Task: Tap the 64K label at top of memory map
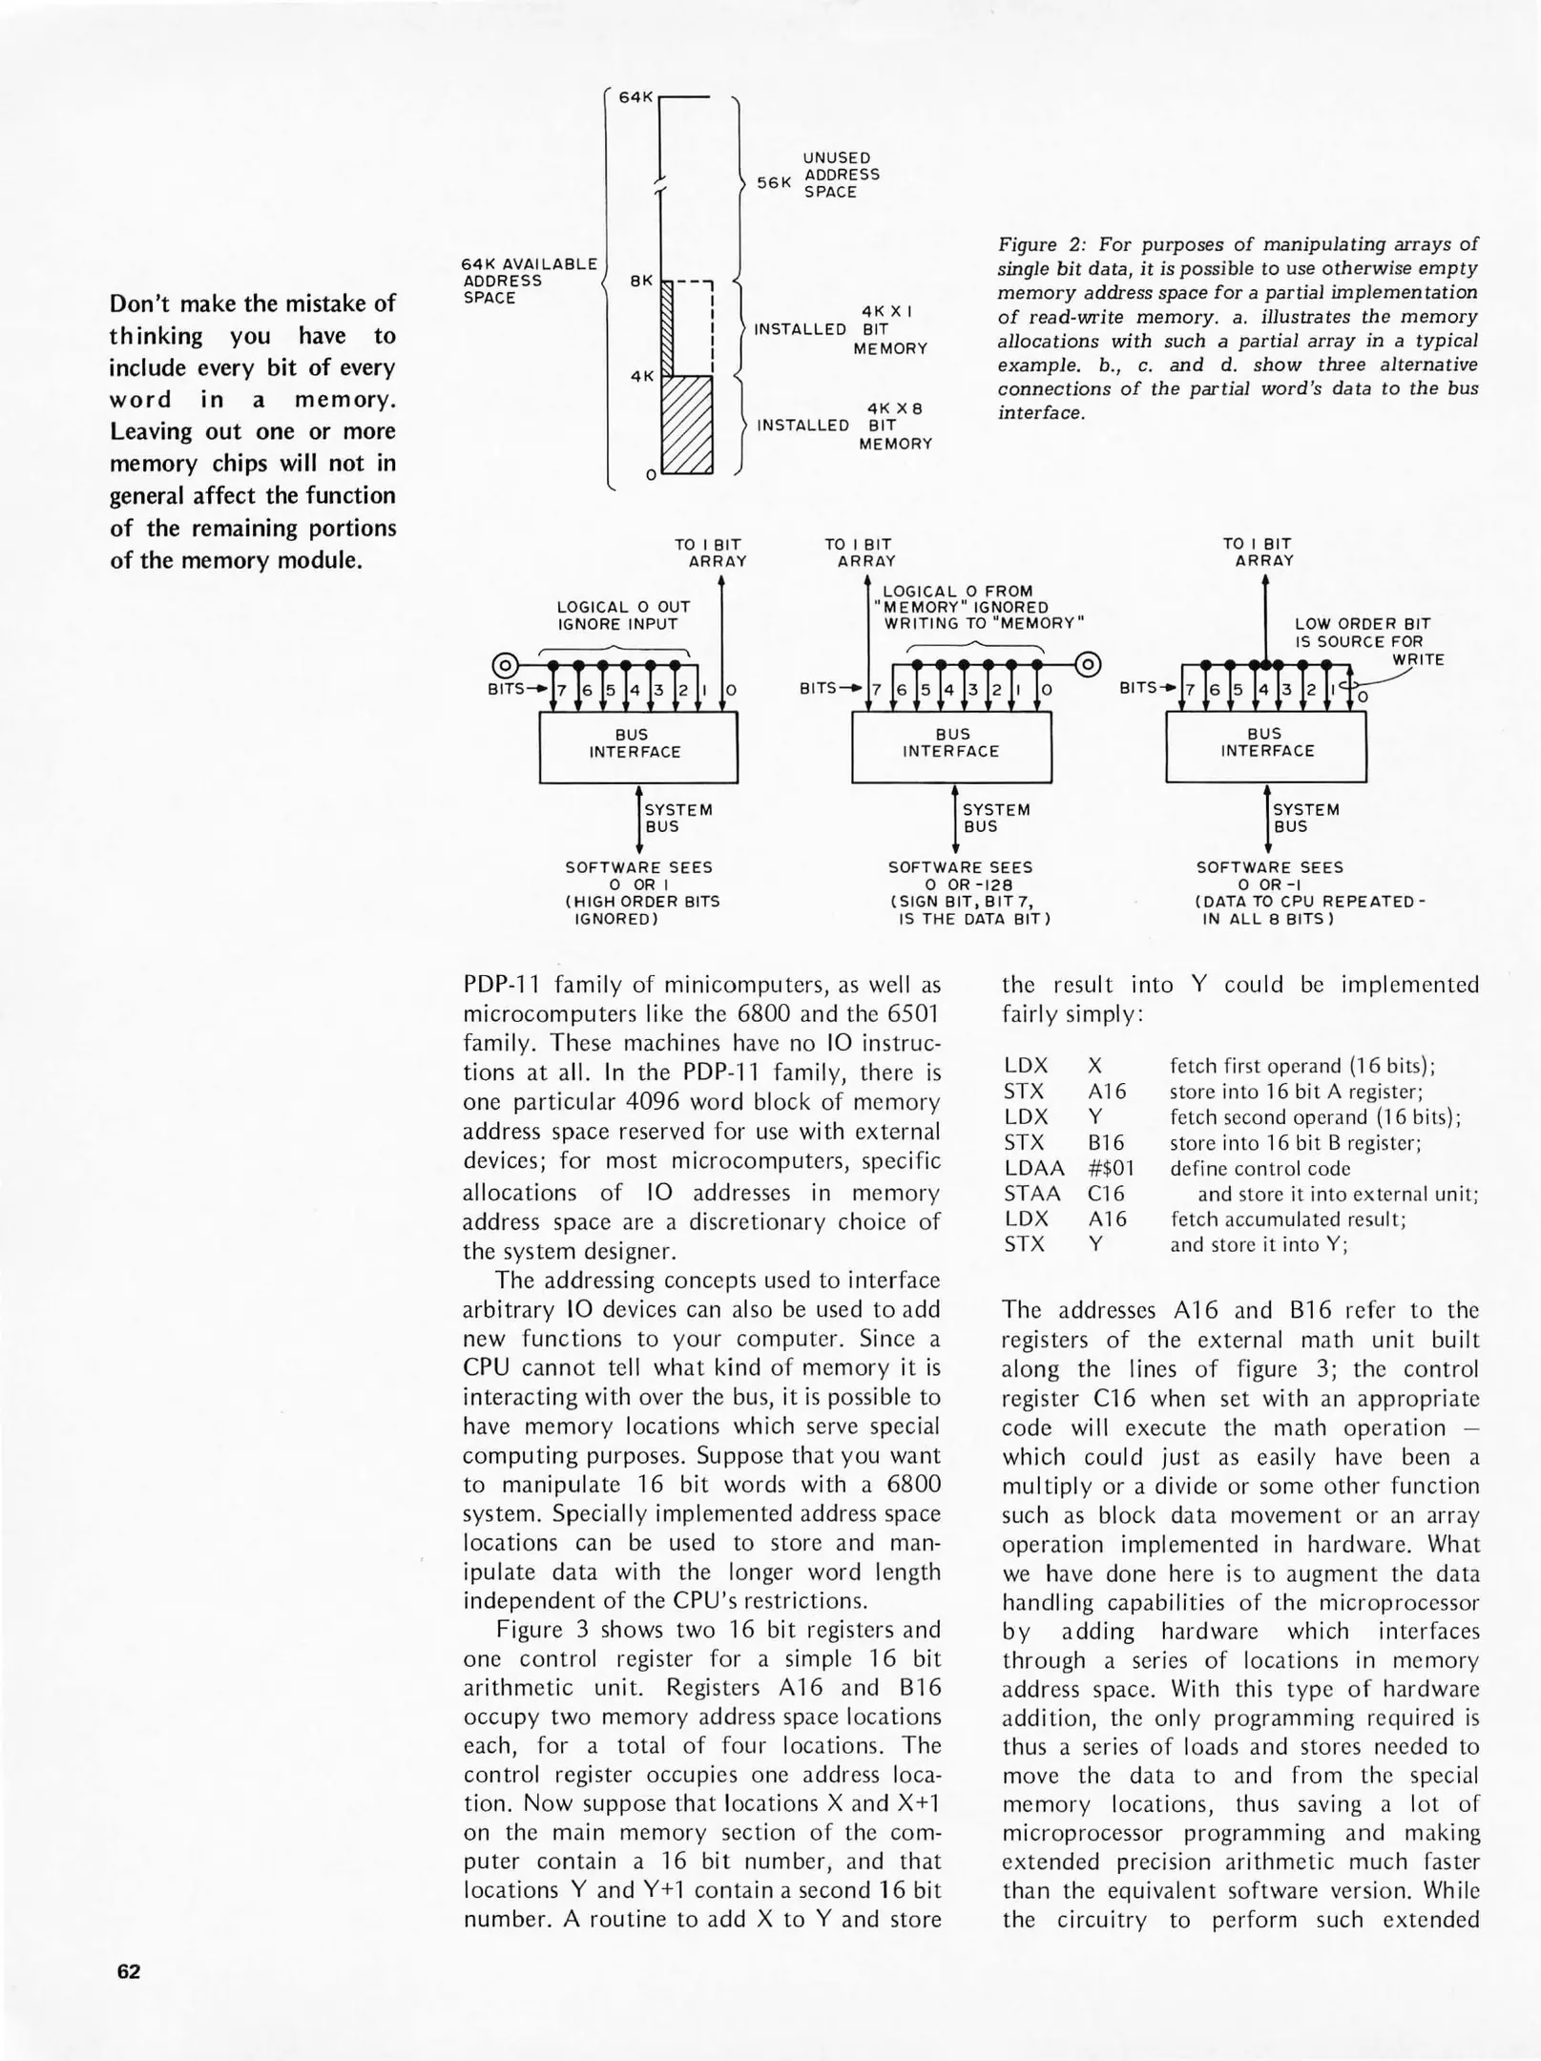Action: (x=635, y=97)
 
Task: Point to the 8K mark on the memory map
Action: (x=640, y=281)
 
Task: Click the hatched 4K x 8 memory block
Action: (x=687, y=425)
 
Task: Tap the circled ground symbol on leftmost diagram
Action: (x=505, y=664)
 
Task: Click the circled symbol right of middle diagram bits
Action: (x=1088, y=664)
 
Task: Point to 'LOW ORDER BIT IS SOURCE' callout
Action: (x=1361, y=633)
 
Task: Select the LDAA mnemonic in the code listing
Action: (x=1033, y=1168)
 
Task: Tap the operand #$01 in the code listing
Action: (x=1112, y=1168)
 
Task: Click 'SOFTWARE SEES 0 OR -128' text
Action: (x=960, y=876)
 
